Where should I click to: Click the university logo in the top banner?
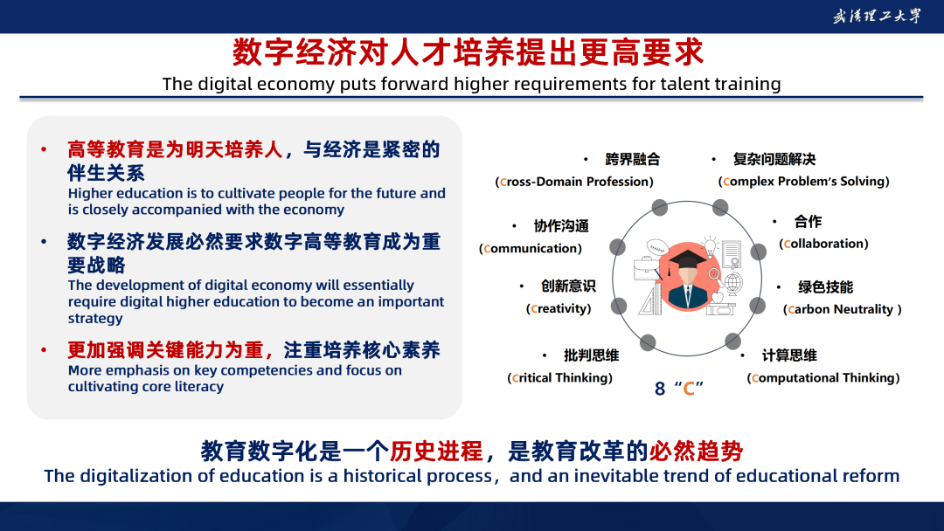877,16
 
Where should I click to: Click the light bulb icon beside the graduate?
710,246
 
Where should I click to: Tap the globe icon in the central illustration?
732,283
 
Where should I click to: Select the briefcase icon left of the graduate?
648,268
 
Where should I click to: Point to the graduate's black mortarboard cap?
687,259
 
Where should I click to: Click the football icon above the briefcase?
657,247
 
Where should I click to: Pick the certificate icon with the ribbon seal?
731,254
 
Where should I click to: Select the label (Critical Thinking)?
560,377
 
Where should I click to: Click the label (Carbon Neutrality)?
843,309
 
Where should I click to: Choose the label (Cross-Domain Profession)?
574,182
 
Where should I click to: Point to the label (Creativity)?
559,308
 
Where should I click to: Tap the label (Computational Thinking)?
823,377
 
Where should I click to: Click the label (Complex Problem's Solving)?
804,181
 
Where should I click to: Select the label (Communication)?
531,248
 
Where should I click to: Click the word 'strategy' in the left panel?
95,318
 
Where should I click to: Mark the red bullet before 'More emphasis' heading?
44,350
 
